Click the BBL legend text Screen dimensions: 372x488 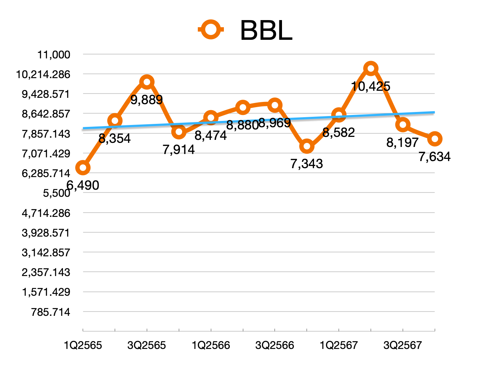[x=266, y=30]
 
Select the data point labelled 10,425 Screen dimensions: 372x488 [x=371, y=68]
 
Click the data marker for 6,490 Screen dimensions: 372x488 [x=83, y=168]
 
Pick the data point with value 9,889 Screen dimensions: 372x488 [x=147, y=82]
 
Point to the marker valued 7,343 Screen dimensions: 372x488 [x=307, y=147]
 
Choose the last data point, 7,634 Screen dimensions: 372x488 [x=435, y=139]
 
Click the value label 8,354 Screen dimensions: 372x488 [x=115, y=138]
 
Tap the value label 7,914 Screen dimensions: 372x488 [x=179, y=150]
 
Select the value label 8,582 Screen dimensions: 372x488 [x=339, y=132]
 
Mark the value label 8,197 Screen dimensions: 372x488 [x=402, y=142]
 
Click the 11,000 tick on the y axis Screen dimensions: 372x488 [x=54, y=55]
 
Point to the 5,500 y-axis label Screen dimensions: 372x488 [x=57, y=193]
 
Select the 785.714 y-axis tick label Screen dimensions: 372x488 [x=51, y=312]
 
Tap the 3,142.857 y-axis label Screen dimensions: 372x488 [x=46, y=253]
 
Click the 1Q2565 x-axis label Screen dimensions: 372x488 [x=83, y=346]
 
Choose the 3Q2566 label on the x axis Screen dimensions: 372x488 [x=275, y=346]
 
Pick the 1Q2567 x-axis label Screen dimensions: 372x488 [x=339, y=346]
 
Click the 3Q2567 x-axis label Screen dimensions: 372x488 [x=403, y=346]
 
